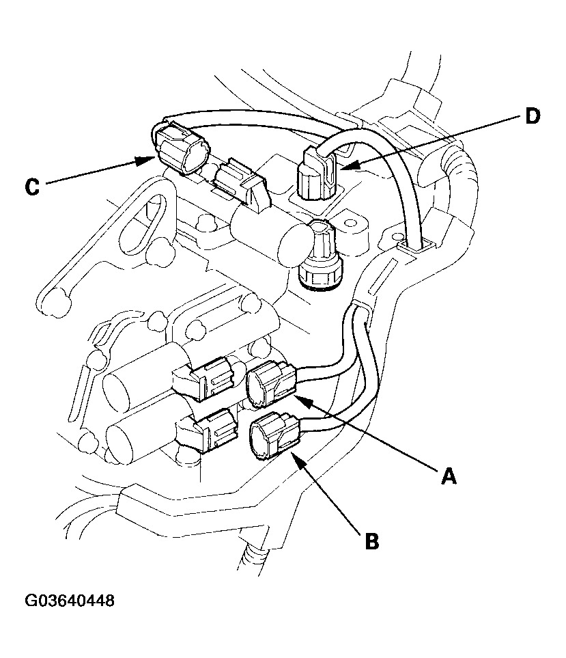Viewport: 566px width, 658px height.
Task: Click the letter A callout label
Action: [x=449, y=476]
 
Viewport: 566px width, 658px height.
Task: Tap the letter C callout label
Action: [x=33, y=187]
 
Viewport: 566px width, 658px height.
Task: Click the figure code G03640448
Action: [x=70, y=601]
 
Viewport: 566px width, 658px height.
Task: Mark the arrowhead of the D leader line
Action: [x=344, y=165]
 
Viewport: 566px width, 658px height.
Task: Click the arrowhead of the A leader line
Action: [x=301, y=400]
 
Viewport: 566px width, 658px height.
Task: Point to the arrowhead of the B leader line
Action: [x=294, y=456]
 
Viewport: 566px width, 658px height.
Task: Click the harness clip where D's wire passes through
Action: [x=416, y=242]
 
